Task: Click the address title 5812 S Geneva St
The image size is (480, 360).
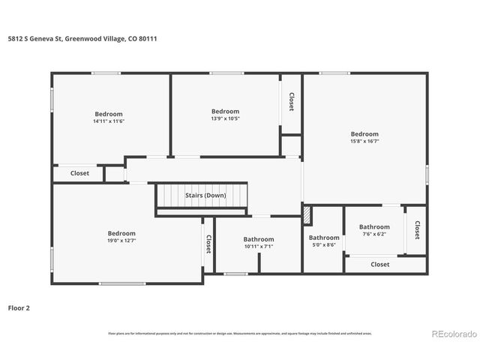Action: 82,38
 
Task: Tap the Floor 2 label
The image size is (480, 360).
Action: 19,307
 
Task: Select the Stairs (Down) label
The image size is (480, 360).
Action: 205,196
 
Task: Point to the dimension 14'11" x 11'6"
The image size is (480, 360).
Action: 109,121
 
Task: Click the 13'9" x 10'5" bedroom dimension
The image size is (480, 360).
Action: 225,118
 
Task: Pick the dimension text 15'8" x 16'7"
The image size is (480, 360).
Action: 364,141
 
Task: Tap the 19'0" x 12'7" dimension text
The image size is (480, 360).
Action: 121,241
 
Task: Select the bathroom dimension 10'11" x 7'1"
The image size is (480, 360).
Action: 259,247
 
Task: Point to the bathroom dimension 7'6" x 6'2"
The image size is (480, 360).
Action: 373,234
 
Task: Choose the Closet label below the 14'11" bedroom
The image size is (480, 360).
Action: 79,173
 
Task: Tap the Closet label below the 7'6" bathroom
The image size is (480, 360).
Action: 380,264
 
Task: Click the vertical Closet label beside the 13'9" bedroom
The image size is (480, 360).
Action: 291,101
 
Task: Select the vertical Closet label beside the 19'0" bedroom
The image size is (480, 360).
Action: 208,244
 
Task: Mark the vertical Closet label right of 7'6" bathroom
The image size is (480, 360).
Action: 416,229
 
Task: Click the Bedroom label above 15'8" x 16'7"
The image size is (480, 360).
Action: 364,134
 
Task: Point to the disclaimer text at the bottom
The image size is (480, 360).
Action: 240,333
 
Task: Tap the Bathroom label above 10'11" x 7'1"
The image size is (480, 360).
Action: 259,239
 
